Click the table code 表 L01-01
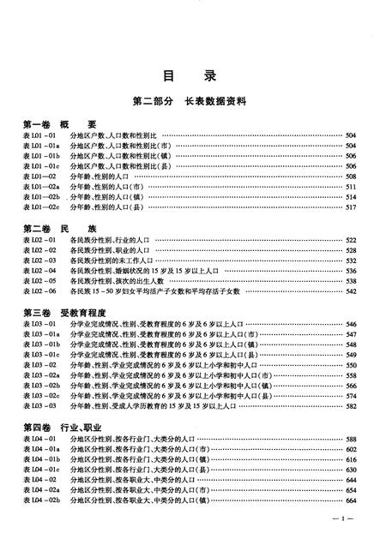point(39,135)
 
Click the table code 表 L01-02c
point(41,207)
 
